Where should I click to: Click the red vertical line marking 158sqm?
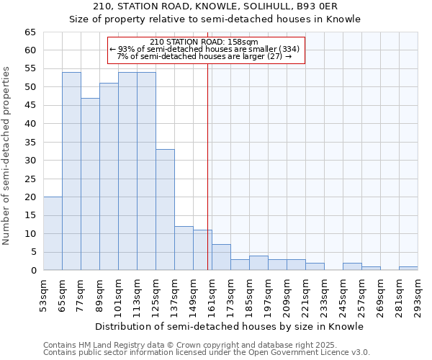(207, 166)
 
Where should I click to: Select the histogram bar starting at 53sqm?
(53, 233)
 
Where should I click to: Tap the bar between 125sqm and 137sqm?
(165, 210)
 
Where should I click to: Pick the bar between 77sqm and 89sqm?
(90, 184)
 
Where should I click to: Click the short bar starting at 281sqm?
(408, 269)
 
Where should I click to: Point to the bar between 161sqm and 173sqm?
(221, 257)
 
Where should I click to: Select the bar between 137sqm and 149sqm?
(184, 248)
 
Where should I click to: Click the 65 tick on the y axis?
(30, 32)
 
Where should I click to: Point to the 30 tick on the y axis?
(30, 160)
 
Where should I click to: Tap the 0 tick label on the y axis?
(32, 270)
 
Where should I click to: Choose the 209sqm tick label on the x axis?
(287, 295)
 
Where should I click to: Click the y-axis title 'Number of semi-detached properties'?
(7, 156)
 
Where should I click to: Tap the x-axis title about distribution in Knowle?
(230, 326)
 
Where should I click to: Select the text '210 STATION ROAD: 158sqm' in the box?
(205, 42)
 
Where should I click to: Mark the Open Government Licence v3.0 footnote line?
(206, 353)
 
